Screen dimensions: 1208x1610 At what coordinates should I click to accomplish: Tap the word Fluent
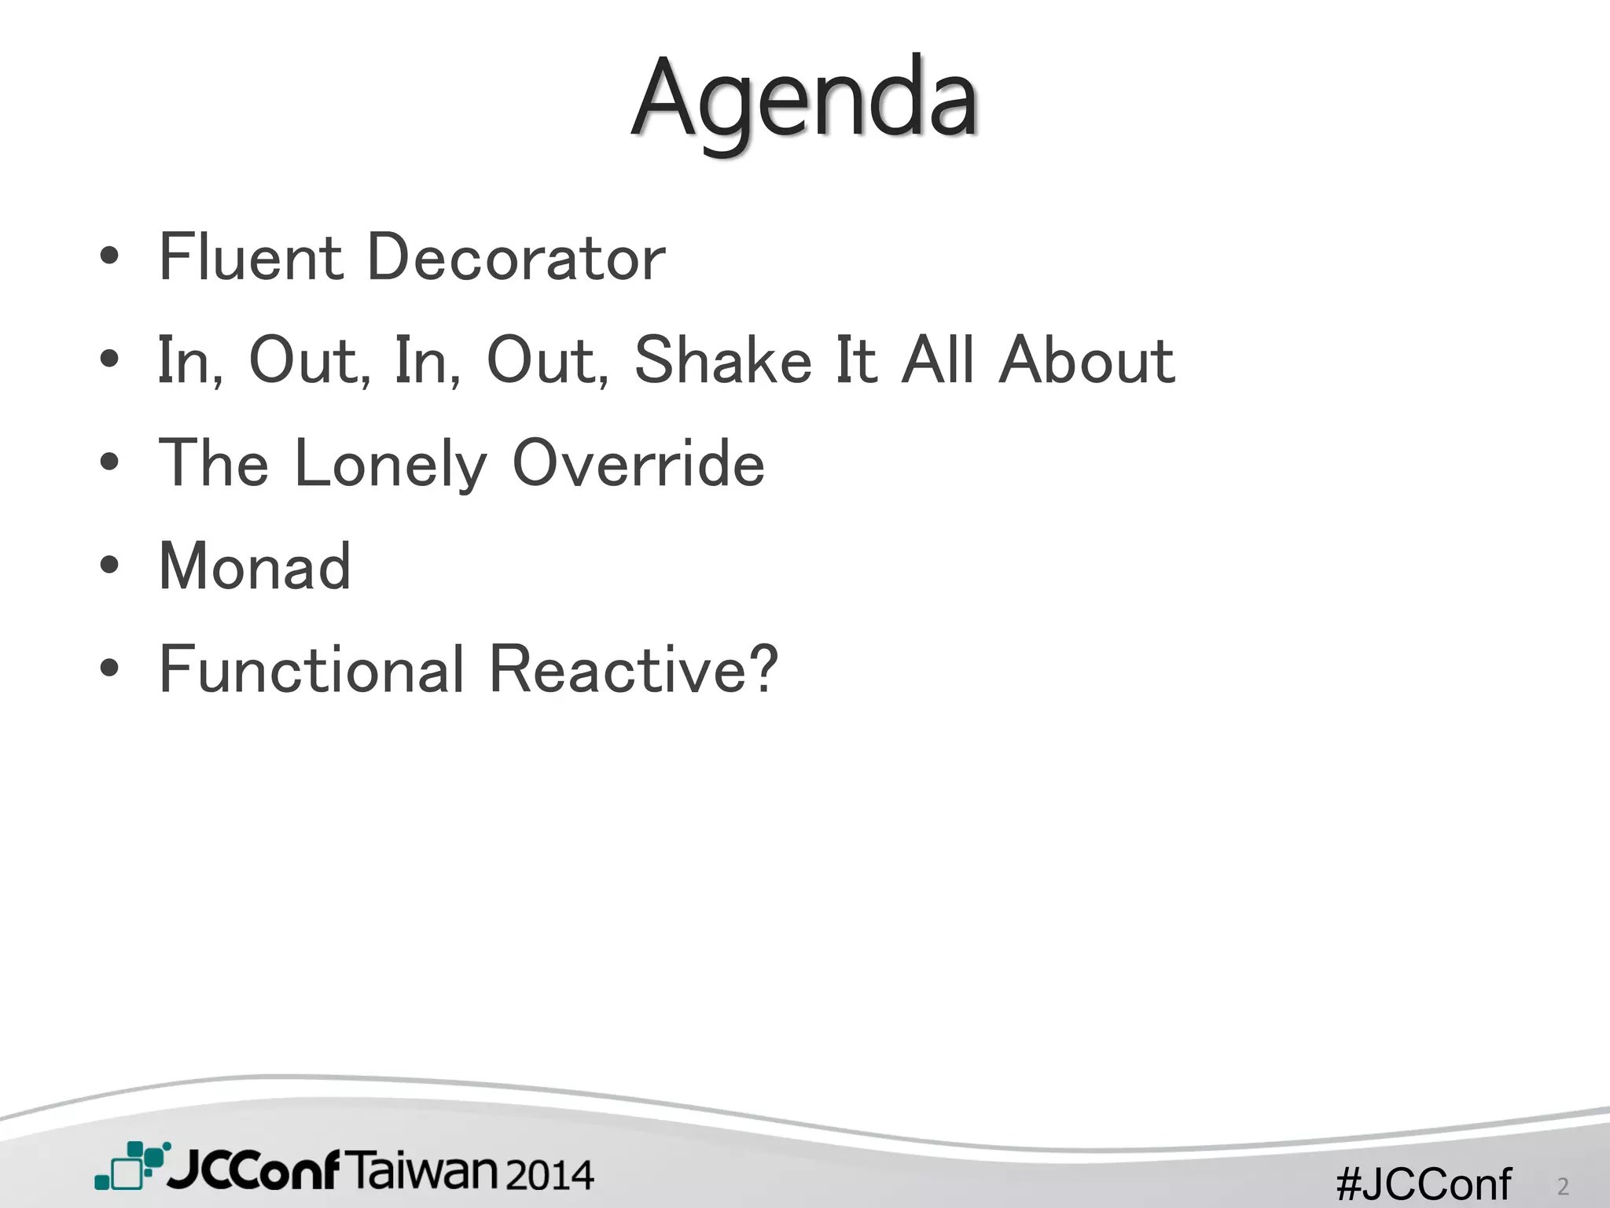tap(250, 257)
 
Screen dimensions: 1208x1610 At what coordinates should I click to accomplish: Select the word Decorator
tap(516, 257)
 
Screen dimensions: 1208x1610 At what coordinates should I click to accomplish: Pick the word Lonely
tap(391, 464)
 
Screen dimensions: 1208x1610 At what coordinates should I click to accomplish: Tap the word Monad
tap(255, 566)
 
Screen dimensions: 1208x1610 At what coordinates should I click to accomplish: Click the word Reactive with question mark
tap(634, 669)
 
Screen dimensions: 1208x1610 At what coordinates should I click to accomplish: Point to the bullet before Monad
tap(110, 565)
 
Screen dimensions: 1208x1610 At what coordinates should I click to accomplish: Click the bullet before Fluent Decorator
tap(110, 256)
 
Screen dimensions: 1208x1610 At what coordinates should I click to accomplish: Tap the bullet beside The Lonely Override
tap(110, 462)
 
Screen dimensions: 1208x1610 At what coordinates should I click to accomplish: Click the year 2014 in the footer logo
tap(549, 1174)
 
